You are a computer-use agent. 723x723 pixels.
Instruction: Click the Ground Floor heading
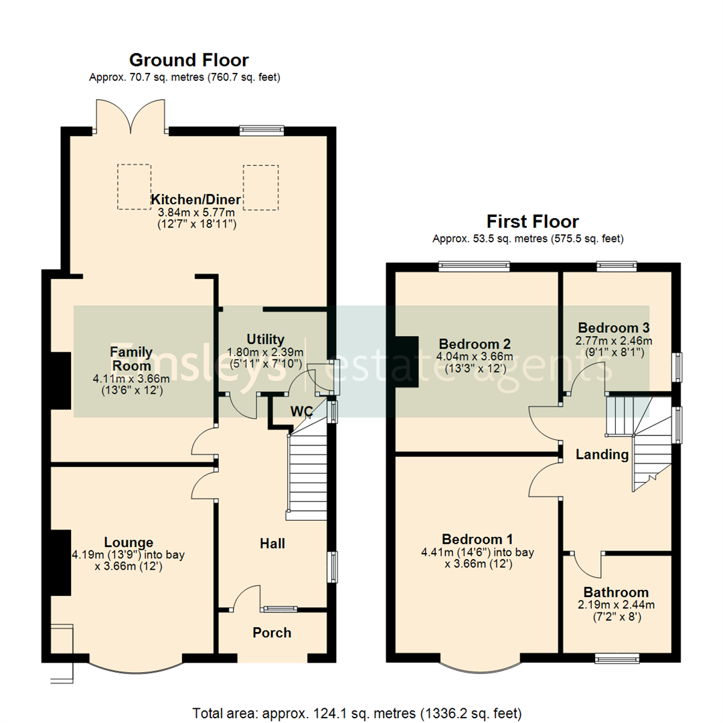pos(188,60)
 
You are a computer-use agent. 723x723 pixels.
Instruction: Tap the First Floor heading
pos(532,221)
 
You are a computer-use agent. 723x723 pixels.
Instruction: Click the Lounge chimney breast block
pos(61,562)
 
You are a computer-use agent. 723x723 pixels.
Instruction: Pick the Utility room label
pos(265,339)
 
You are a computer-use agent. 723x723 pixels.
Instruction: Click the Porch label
pos(272,633)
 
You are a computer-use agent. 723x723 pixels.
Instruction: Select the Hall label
pos(272,544)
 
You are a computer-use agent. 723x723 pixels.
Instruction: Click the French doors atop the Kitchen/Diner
pos(131,115)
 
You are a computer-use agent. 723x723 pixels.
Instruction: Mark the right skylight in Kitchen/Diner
pos(260,187)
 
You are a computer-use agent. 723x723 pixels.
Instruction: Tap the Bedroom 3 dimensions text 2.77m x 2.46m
pos(614,340)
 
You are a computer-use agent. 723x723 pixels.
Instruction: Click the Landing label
pos(602,455)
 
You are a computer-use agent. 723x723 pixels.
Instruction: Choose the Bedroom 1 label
pos(477,540)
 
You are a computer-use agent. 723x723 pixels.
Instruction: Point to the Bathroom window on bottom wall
pos(617,659)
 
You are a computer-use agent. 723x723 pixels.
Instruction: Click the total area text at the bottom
pos(357,712)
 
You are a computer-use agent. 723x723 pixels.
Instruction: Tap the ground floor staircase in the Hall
pos(306,475)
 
